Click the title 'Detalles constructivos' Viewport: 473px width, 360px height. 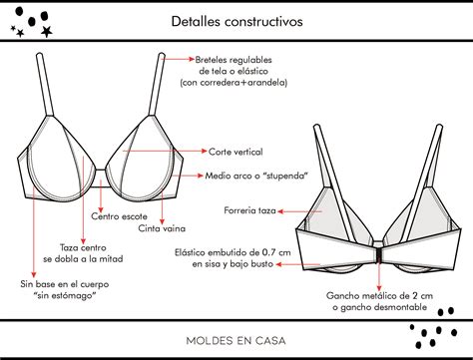[236, 20]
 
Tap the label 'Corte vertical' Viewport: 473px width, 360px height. [236, 151]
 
